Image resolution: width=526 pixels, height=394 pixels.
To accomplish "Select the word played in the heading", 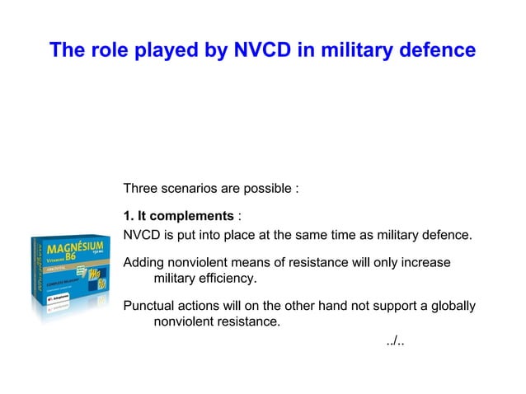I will [x=166, y=51].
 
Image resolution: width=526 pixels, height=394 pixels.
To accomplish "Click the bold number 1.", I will [x=128, y=216].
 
